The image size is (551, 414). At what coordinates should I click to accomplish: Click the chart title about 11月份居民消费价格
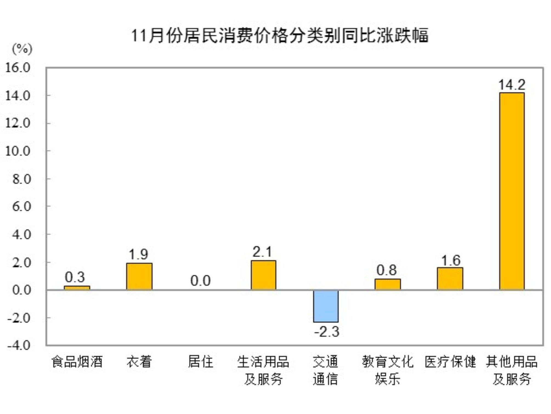click(x=280, y=36)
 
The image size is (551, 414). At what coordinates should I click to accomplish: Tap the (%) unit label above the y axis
click(x=22, y=49)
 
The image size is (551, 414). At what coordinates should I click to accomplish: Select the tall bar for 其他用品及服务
click(x=512, y=191)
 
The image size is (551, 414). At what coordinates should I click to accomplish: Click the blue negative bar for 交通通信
click(x=326, y=306)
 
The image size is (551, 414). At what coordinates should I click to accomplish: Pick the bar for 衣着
click(x=139, y=276)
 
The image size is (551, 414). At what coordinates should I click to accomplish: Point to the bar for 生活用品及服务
click(x=263, y=275)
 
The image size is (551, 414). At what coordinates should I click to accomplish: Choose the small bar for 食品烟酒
click(x=77, y=288)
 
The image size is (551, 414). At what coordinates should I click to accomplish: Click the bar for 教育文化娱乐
click(x=388, y=284)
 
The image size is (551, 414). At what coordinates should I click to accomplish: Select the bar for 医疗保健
click(x=450, y=278)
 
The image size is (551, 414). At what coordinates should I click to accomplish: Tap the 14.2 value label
click(x=512, y=85)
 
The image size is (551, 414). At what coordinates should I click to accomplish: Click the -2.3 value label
click(x=327, y=332)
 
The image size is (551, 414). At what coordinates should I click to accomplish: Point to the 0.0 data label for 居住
click(x=200, y=281)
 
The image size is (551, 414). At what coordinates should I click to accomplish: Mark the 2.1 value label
click(x=262, y=252)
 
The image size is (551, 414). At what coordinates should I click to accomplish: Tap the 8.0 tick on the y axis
click(x=21, y=179)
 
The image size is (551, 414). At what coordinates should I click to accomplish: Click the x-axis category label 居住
click(x=200, y=362)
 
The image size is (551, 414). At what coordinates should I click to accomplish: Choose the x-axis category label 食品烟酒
click(x=77, y=362)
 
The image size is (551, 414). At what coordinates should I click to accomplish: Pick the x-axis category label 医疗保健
click(x=450, y=362)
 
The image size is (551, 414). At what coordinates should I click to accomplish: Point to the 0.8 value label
click(x=386, y=270)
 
